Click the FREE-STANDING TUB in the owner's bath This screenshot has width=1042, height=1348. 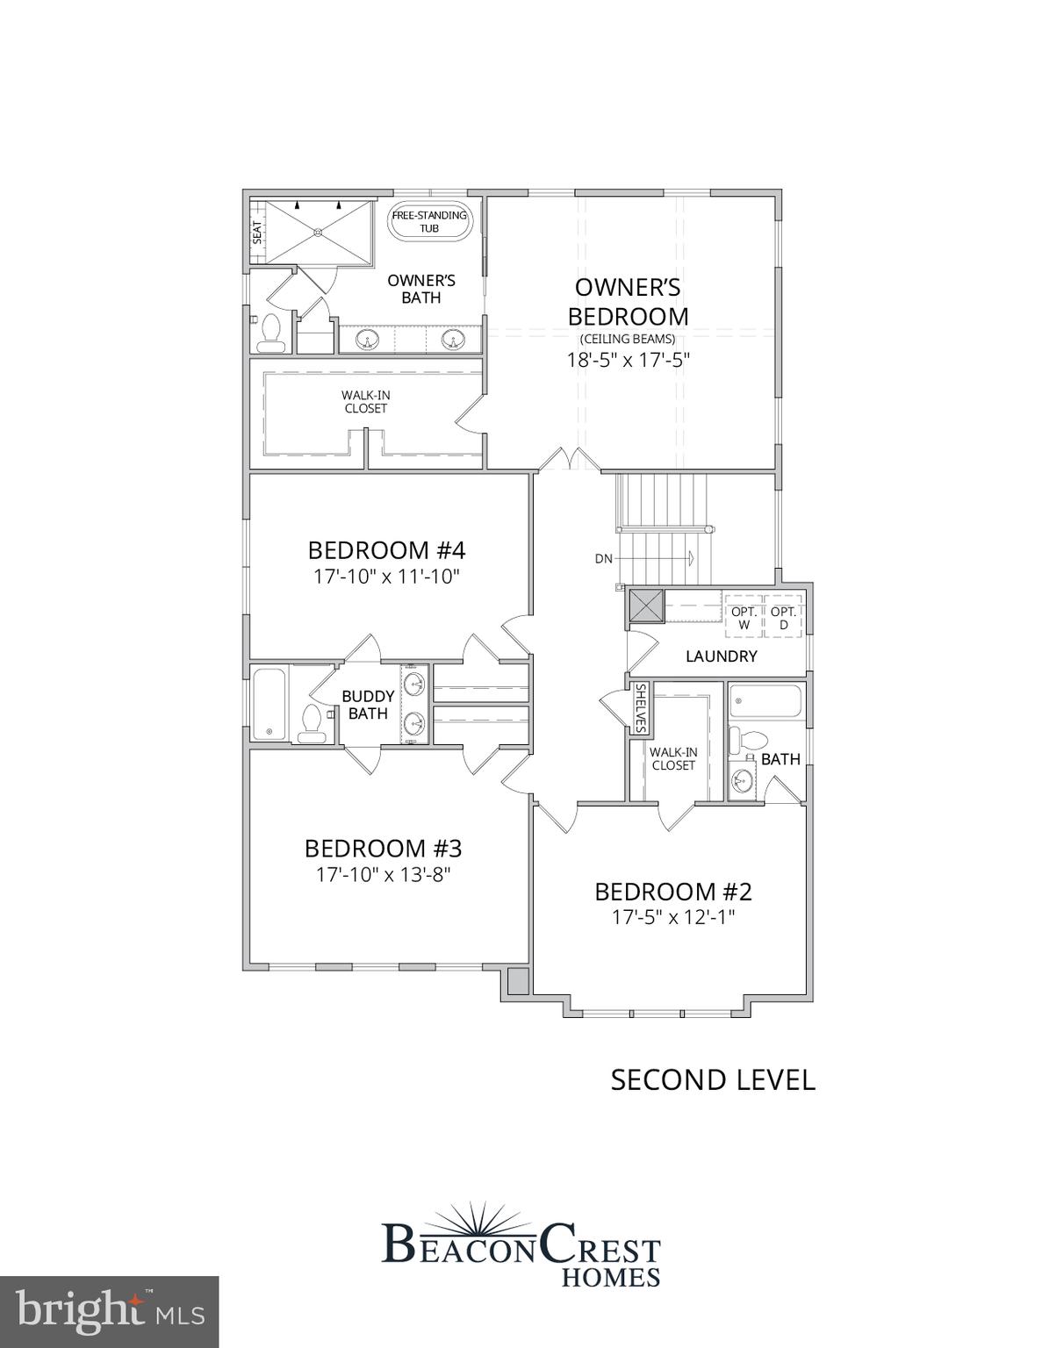(429, 221)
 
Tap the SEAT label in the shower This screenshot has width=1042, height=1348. (257, 232)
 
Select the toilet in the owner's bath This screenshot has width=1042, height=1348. (270, 330)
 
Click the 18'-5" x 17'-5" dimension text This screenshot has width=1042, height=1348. (629, 359)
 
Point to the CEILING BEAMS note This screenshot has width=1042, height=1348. (628, 339)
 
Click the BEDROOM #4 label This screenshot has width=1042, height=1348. (386, 550)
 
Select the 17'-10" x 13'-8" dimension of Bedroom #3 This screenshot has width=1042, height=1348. (383, 875)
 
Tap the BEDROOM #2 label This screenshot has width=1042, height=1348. (673, 892)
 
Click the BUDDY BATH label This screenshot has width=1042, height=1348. (368, 705)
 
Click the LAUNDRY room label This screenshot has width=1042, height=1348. (721, 656)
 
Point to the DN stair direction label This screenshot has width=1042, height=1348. (603, 558)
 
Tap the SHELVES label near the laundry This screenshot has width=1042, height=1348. (641, 708)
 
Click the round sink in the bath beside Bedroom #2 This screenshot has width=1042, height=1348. (742, 778)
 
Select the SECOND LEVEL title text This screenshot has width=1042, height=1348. (713, 1079)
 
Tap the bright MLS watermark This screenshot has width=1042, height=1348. (109, 1312)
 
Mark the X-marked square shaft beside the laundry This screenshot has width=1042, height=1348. (645, 606)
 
